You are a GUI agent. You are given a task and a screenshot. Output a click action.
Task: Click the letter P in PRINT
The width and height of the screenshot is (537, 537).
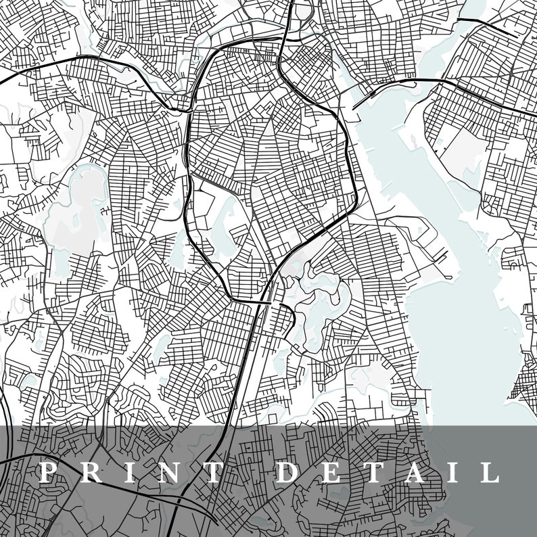coord(47,472)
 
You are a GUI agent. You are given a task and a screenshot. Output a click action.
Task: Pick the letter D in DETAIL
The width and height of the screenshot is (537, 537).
coord(287,472)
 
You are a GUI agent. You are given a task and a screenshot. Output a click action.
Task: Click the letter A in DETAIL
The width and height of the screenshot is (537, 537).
coord(412,472)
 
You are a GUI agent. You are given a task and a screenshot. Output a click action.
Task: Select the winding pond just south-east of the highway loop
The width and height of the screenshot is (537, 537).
coord(325,304)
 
